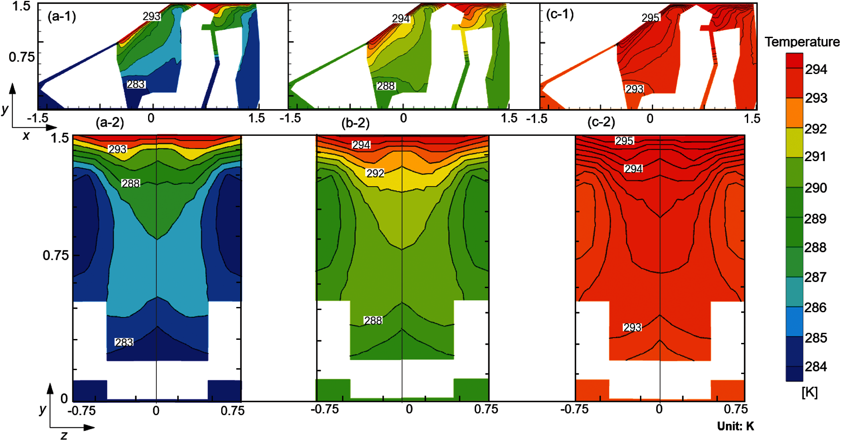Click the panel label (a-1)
[62, 17]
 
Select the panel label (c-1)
[560, 14]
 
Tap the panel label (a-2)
[110, 122]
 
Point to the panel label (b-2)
[355, 123]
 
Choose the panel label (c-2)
[601, 122]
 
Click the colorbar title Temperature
[802, 42]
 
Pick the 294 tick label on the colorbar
[816, 69]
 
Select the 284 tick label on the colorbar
[816, 366]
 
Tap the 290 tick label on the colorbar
[816, 188]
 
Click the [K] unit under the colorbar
[809, 392]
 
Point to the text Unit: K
[735, 426]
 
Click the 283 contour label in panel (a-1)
[136, 84]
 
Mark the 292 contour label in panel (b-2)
[375, 173]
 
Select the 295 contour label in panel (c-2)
[624, 141]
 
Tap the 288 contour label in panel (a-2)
[131, 183]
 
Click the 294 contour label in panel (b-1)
[401, 18]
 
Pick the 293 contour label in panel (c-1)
[634, 89]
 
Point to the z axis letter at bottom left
[64, 435]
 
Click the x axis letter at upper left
[26, 136]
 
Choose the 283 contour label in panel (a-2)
[124, 342]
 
